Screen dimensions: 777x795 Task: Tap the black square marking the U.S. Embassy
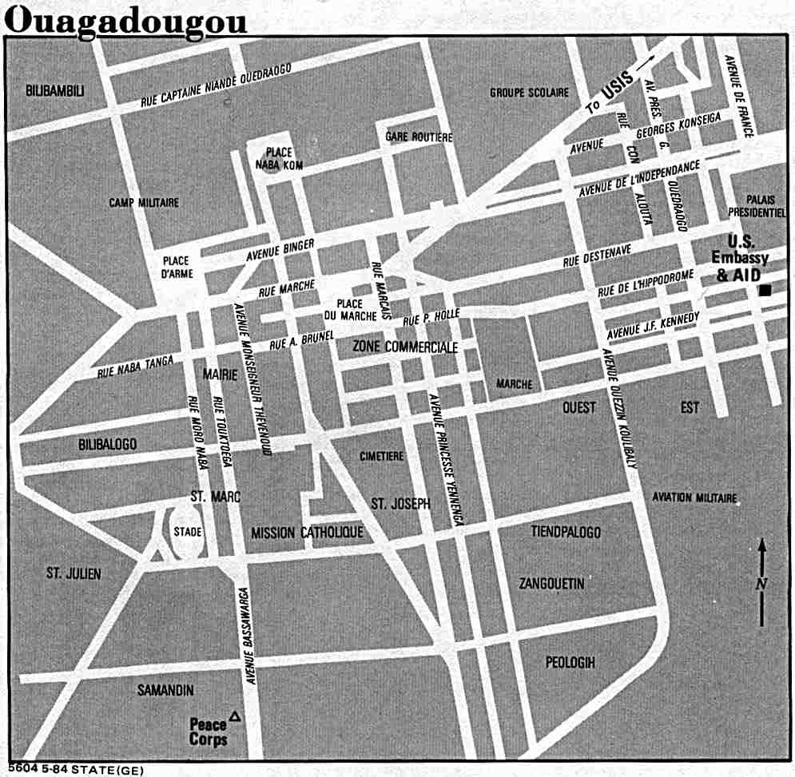coord(765,291)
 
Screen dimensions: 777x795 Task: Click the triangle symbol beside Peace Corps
coord(234,716)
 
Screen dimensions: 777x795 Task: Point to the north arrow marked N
coord(762,583)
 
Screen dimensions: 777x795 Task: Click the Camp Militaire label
coord(144,203)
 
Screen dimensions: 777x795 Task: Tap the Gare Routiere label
coord(419,137)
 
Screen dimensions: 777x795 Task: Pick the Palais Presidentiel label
coord(757,206)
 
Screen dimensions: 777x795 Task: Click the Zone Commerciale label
coord(405,347)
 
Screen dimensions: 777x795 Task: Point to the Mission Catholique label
coord(307,533)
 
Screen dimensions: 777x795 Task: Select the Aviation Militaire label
coord(694,498)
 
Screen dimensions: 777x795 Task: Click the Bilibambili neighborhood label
coord(54,90)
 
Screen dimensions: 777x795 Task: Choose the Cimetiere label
coord(382,456)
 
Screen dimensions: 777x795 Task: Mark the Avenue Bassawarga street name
coord(248,636)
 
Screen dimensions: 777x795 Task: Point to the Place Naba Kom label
coord(274,158)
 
